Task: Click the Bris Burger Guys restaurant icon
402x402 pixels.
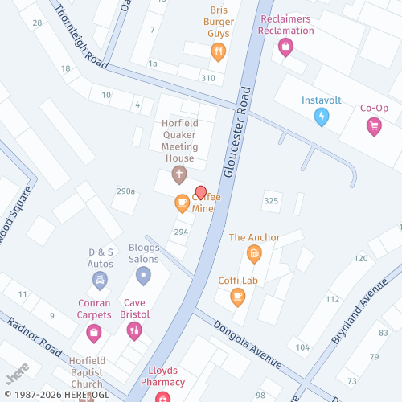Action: pos(217,52)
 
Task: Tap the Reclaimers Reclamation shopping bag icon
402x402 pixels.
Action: pos(284,47)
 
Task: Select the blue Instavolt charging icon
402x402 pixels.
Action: pos(322,117)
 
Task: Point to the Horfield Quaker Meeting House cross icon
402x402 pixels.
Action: pos(178,174)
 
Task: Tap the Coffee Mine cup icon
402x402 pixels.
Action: pos(183,203)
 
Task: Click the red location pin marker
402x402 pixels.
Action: pos(201,191)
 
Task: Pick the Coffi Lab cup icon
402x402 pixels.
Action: pos(237,297)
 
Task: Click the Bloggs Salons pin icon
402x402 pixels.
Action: pos(143,277)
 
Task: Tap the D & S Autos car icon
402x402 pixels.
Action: pos(100,280)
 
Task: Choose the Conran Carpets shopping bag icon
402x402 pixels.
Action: pos(94,330)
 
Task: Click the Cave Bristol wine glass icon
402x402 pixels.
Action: pos(134,330)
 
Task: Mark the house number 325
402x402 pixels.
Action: pos(270,200)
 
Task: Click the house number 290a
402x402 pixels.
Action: pos(125,191)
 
